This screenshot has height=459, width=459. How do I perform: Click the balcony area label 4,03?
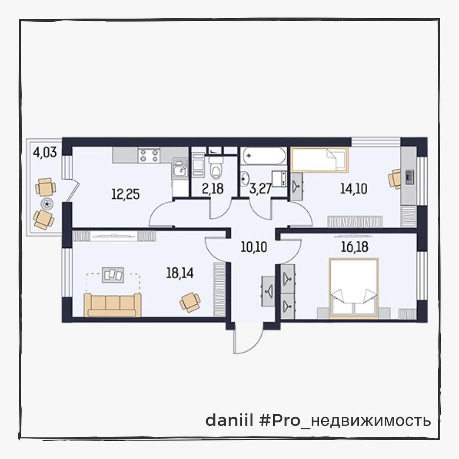(x=45, y=153)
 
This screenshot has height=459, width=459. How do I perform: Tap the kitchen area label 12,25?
(x=125, y=194)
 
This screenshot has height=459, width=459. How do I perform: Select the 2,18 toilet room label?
(x=213, y=189)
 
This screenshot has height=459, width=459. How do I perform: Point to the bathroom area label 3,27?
(x=261, y=189)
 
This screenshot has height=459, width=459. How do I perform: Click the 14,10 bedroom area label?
(x=354, y=189)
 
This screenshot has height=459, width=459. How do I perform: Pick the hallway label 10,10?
(x=254, y=247)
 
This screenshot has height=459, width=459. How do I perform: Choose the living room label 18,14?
(x=180, y=273)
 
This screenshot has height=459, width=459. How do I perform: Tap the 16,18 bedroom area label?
(x=355, y=247)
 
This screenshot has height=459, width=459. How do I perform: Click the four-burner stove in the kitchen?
(x=149, y=155)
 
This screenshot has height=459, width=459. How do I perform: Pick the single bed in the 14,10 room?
(x=320, y=159)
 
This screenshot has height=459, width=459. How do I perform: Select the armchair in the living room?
(x=190, y=302)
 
